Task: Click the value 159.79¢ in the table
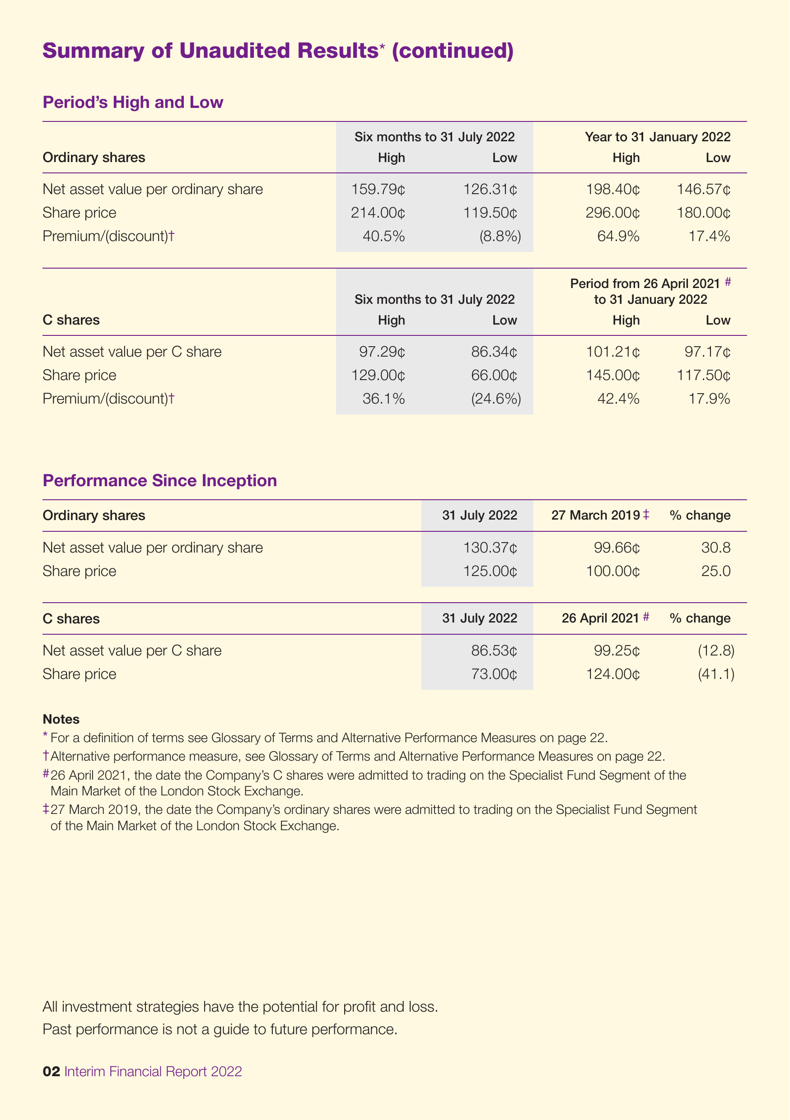pos(378,189)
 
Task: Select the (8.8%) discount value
pos(500,237)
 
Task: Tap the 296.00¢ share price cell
pos(613,213)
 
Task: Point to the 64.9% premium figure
pos(618,237)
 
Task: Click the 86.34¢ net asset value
pos(494,352)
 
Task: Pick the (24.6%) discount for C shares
pos(496,399)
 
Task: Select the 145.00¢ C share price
pos(613,375)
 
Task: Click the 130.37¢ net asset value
pos(491,548)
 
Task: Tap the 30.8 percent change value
pos(716,548)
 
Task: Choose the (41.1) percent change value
pos(716,674)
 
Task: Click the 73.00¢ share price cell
pos(494,674)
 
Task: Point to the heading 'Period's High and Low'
pos(133,102)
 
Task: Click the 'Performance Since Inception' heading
pos(159,480)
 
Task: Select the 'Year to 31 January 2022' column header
pos(658,137)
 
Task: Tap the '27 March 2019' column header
pos(596,516)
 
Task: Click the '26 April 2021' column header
pos(600,618)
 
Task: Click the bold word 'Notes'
pos(61,719)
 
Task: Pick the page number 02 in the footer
pos(51,1071)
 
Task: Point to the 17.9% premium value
pos(709,399)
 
